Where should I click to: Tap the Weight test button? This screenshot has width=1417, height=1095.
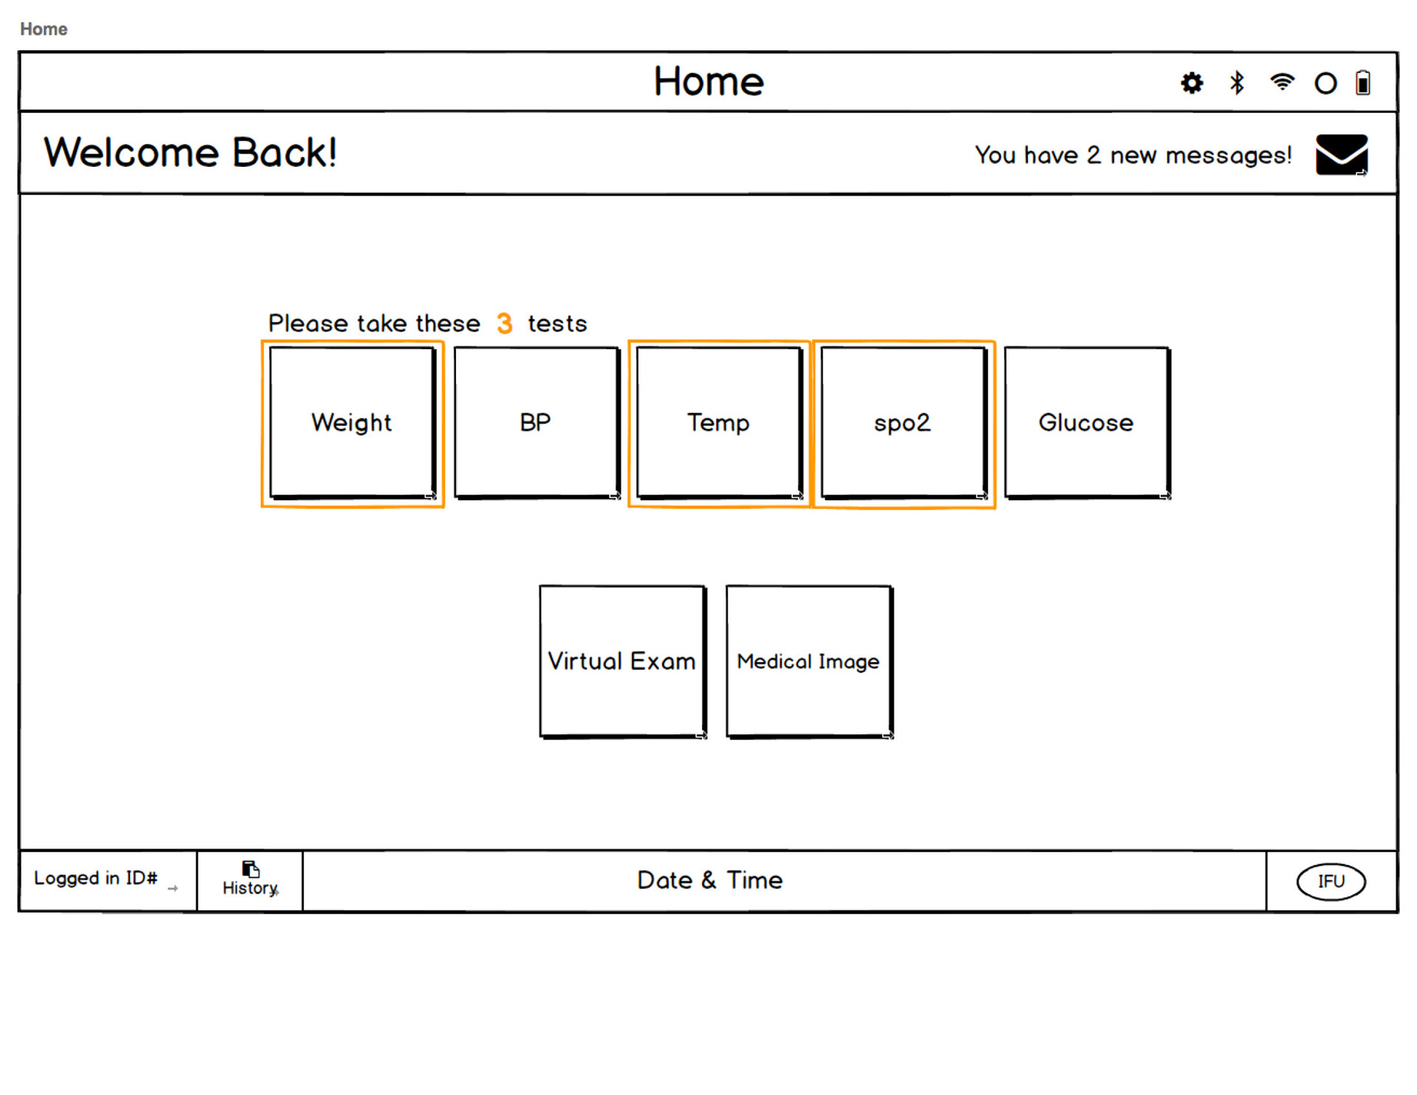click(x=352, y=423)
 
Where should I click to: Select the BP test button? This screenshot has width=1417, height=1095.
click(x=537, y=423)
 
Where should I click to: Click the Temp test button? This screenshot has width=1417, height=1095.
click(x=719, y=423)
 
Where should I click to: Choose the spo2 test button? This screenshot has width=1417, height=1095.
click(x=903, y=423)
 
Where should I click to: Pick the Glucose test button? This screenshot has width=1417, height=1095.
click(x=1087, y=423)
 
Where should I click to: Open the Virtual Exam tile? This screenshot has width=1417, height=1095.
click(x=623, y=661)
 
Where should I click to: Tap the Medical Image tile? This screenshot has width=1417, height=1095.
click(x=810, y=661)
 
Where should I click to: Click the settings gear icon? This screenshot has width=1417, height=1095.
click(x=1192, y=83)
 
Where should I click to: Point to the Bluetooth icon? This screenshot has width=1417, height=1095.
click(x=1237, y=83)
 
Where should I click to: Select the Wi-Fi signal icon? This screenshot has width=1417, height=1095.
click(x=1282, y=81)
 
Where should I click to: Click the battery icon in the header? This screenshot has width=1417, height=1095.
click(x=1363, y=83)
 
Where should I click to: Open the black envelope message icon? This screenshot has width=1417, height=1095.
click(x=1342, y=155)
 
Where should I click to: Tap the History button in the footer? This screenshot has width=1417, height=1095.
click(x=250, y=880)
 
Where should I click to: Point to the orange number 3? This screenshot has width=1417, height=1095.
click(x=505, y=323)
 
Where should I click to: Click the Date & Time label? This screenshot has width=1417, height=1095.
click(x=710, y=880)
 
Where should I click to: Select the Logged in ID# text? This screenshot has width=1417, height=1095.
click(x=96, y=878)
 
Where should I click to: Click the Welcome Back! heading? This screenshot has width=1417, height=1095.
click(x=190, y=153)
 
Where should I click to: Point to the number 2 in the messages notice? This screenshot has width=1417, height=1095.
click(x=1094, y=155)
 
